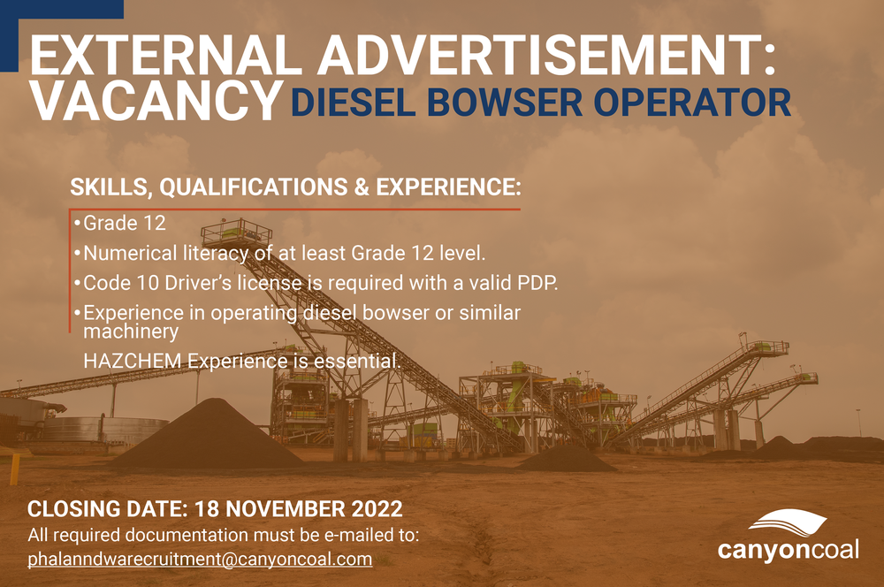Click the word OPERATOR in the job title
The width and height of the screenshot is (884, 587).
pos(692,103)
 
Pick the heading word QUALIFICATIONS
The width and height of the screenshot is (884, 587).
pos(259,188)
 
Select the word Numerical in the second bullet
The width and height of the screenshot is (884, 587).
pos(123,254)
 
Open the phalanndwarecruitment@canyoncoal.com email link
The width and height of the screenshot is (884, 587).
pos(200,559)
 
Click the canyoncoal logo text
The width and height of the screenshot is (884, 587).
pos(787,551)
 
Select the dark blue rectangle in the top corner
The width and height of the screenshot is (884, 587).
pos(57,9)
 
